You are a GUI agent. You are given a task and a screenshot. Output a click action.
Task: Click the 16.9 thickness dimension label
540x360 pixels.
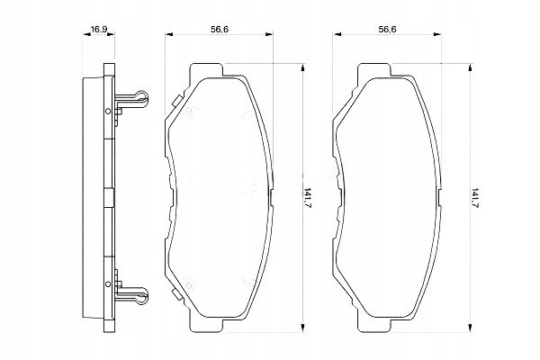coord(99,29)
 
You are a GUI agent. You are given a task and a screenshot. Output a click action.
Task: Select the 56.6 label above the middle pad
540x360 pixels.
coord(220,30)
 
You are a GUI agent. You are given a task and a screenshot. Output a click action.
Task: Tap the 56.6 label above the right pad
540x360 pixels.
coord(387,30)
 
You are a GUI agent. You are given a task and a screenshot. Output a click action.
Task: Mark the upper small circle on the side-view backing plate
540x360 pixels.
coord(108,111)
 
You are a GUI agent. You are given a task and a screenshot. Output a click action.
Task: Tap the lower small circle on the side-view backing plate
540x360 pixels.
coord(108,284)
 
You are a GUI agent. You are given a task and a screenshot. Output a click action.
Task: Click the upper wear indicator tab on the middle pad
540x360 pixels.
coord(176,101)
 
